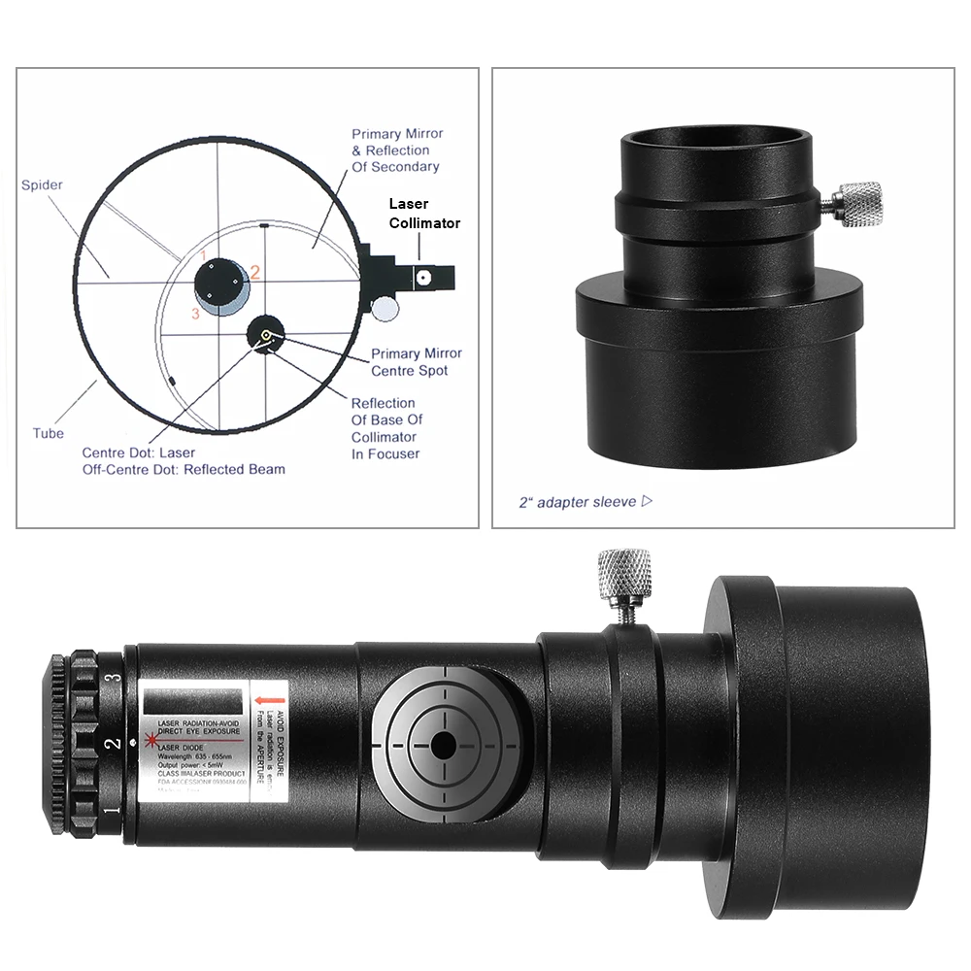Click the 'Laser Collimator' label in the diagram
coord(424,214)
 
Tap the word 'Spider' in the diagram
coord(42,184)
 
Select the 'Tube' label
coord(48,433)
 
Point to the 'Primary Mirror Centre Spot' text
coord(417,362)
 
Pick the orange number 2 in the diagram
coord(255,273)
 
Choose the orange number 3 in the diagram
coord(195,313)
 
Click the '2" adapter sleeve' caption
coord(579,502)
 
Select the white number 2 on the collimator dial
coord(114,745)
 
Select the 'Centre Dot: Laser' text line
coord(138,452)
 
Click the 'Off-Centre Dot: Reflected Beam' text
coord(184,469)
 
